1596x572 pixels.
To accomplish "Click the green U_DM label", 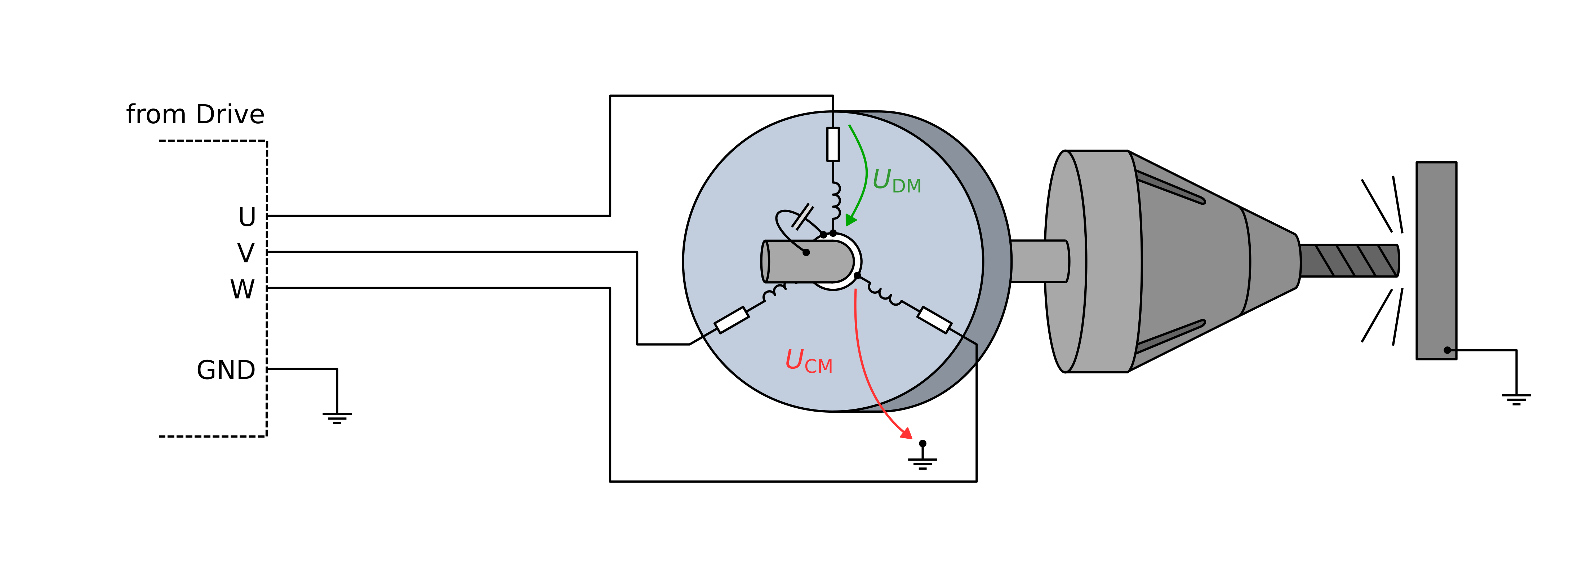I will coord(896,181).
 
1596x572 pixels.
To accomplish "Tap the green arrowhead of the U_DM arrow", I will coord(851,220).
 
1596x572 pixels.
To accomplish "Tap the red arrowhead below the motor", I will coord(906,434).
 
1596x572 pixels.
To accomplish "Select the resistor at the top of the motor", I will coord(833,144).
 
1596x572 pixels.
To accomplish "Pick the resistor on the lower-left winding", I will coord(732,320).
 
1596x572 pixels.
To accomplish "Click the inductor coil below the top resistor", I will coord(835,200).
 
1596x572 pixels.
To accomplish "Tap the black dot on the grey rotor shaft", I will coord(806,252).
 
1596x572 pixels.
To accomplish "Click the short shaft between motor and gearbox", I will coord(1039,261).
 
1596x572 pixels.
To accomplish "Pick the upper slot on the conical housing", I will coord(1171,188).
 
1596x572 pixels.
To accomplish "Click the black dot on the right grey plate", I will coord(1447,350).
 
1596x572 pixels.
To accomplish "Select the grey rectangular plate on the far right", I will coord(1436,260).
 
